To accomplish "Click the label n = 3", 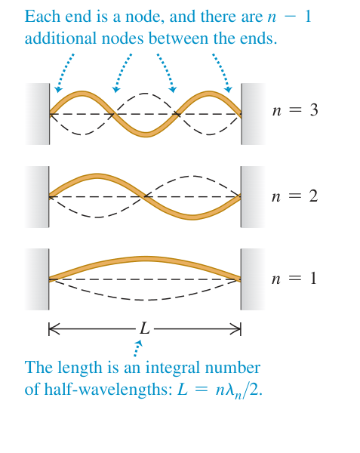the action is click(x=295, y=110).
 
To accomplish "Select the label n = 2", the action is click(x=295, y=196).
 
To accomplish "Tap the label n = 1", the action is click(x=294, y=279).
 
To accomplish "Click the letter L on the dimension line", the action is click(x=145, y=328).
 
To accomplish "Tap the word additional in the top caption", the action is click(x=60, y=39).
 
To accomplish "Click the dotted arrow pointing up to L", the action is click(x=137, y=348).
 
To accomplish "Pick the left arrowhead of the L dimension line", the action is click(x=54, y=328).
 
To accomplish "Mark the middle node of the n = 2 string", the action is click(x=143, y=197).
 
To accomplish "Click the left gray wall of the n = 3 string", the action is click(x=37, y=114).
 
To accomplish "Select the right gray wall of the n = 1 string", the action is click(x=253, y=279).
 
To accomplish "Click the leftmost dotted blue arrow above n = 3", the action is click(x=64, y=72).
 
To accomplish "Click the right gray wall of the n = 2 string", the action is click(x=253, y=197).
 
